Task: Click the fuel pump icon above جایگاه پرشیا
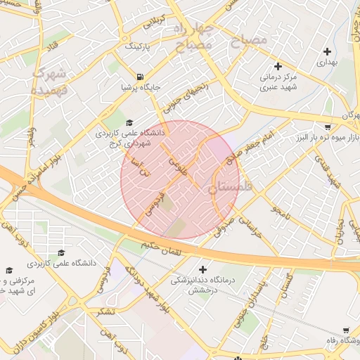point(140,77)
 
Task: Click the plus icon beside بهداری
point(327,51)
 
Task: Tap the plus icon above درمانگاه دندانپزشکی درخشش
point(203,269)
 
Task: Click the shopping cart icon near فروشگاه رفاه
point(345,330)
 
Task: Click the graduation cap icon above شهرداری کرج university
point(129,122)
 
